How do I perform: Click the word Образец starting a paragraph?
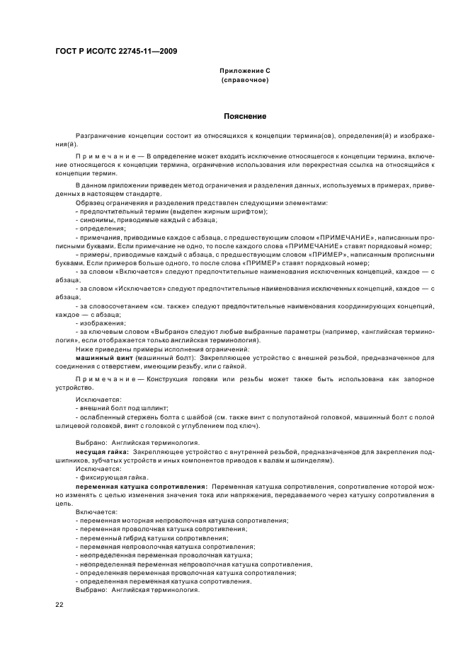[92, 203]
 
